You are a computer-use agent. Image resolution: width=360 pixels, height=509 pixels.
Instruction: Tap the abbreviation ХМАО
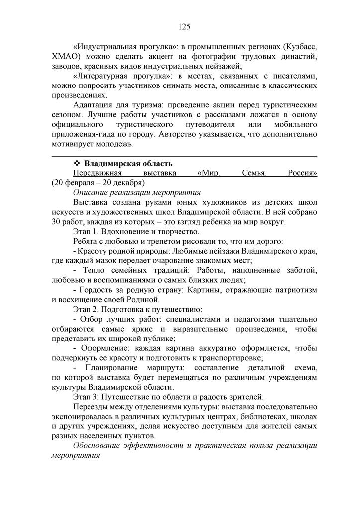click(x=65, y=58)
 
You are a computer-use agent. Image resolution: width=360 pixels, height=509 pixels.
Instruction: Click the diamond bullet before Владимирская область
click(x=77, y=164)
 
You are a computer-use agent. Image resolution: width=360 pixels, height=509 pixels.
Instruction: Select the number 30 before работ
click(x=56, y=221)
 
